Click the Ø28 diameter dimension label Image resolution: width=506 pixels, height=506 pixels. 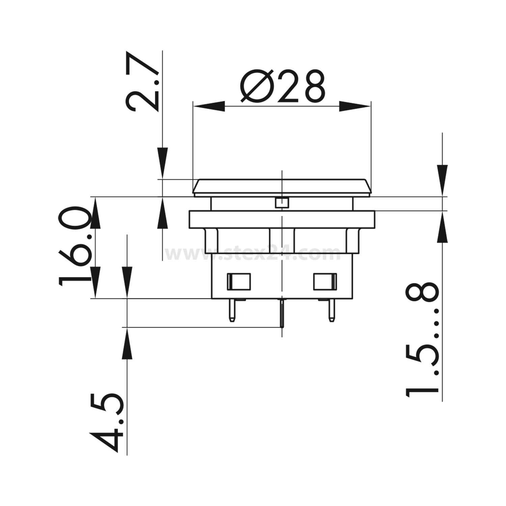tap(283, 86)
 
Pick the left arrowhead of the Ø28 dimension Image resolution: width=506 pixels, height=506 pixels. tap(209, 106)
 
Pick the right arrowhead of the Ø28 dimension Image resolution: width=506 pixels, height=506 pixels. tap(354, 106)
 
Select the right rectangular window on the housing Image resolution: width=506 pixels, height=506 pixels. tap(325, 282)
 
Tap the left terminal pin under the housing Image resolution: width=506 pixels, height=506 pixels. tap(231, 310)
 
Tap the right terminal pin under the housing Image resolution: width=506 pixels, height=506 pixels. tap(332, 310)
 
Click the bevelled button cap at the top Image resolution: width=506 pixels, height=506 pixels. tap(282, 187)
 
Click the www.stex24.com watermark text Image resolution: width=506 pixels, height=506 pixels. tap(253, 254)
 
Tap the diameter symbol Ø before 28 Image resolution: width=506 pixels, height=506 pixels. tap(256, 86)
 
